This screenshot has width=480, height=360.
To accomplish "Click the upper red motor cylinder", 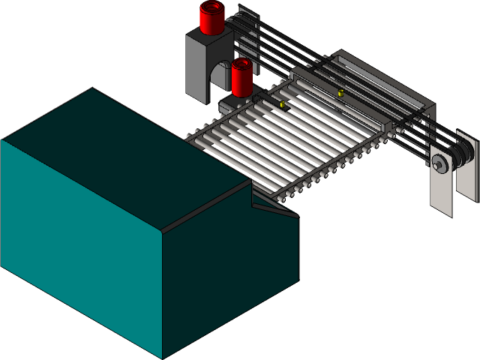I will pos(212,19).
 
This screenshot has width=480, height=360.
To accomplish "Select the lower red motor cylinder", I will pos(241,78).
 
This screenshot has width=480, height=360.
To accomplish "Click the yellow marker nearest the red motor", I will pos(283,105).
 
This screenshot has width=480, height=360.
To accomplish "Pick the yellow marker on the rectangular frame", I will pos(341,93).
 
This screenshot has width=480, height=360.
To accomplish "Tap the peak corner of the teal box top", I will pos(92,88).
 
